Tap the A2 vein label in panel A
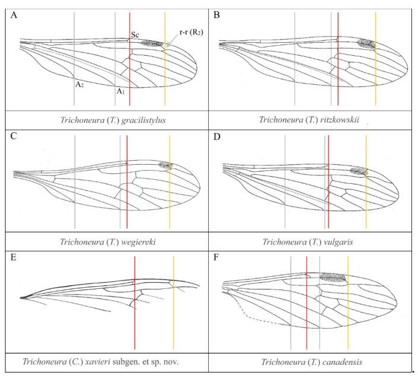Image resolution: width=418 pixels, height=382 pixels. tap(78, 84)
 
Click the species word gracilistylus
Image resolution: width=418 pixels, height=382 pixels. tap(137, 119)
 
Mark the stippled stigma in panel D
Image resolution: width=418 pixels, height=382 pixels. tap(358, 171)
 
